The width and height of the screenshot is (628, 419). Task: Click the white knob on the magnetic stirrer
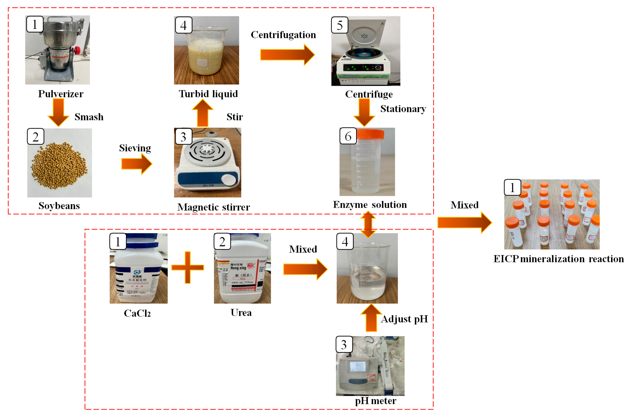(x=229, y=179)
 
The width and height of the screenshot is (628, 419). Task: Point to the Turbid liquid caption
(x=208, y=93)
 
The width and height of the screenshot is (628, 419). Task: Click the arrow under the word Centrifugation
(x=287, y=55)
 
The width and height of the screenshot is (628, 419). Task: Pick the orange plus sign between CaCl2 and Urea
(x=187, y=267)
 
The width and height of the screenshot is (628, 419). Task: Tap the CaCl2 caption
(x=137, y=313)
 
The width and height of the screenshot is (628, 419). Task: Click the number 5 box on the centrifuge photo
(x=339, y=25)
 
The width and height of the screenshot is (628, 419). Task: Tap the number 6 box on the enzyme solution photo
(x=348, y=136)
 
